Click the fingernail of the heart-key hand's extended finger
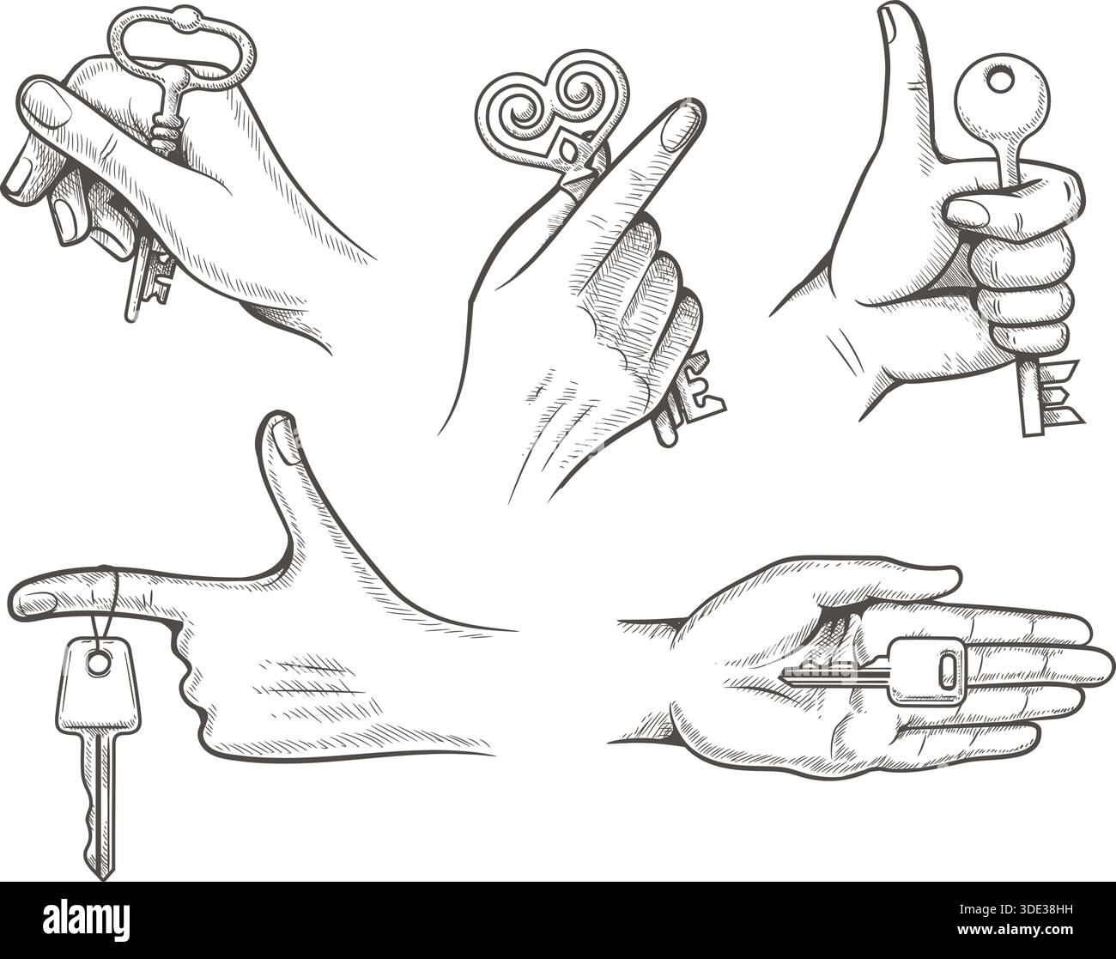683,120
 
